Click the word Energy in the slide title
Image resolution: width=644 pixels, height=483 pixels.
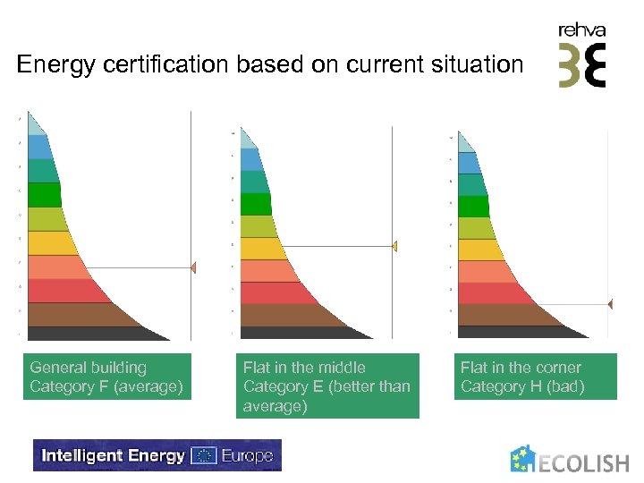pyautogui.click(x=51, y=65)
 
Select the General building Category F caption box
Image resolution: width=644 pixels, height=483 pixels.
pyautogui.click(x=107, y=377)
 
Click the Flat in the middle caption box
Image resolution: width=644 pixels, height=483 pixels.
pyautogui.click(x=328, y=386)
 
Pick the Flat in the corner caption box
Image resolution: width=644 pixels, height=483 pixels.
pyautogui.click(x=535, y=377)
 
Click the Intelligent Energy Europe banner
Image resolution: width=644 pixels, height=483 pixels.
pyautogui.click(x=157, y=455)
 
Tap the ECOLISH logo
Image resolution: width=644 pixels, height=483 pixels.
pyautogui.click(x=569, y=460)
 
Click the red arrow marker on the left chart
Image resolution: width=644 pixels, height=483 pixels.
pyautogui.click(x=192, y=267)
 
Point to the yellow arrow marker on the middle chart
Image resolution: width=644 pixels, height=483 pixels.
pyautogui.click(x=394, y=246)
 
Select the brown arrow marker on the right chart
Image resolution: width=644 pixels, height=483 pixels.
pyautogui.click(x=609, y=304)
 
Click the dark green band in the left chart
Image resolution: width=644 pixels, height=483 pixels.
pyautogui.click(x=45, y=195)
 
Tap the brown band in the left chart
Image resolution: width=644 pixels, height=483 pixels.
pyautogui.click(x=80, y=315)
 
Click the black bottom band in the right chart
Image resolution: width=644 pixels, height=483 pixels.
pyautogui.click(x=519, y=332)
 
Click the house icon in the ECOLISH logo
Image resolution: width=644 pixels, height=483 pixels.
pyautogui.click(x=523, y=459)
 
